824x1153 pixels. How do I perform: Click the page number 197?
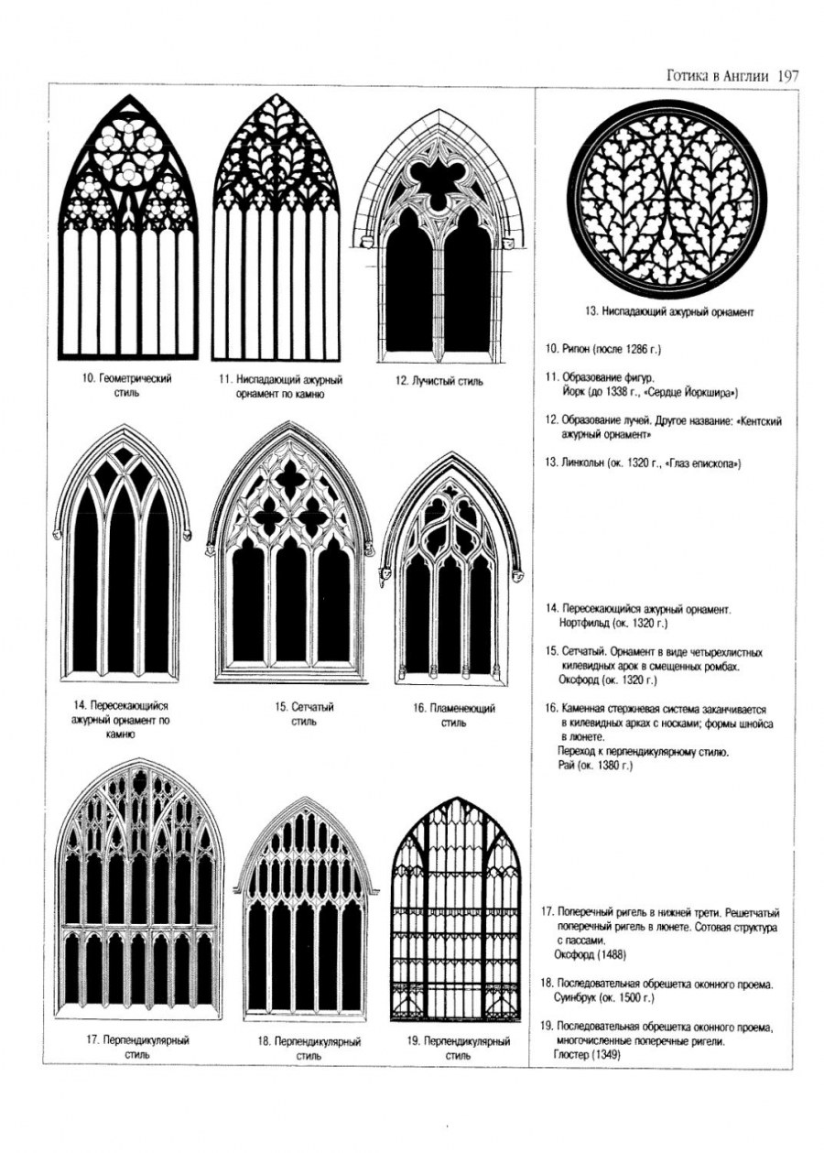[x=786, y=76]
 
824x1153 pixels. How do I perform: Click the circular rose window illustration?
[x=666, y=201]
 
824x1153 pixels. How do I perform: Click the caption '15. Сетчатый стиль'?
[x=304, y=714]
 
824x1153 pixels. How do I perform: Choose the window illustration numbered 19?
[x=455, y=911]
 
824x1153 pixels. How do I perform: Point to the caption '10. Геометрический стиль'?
[x=127, y=385]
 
